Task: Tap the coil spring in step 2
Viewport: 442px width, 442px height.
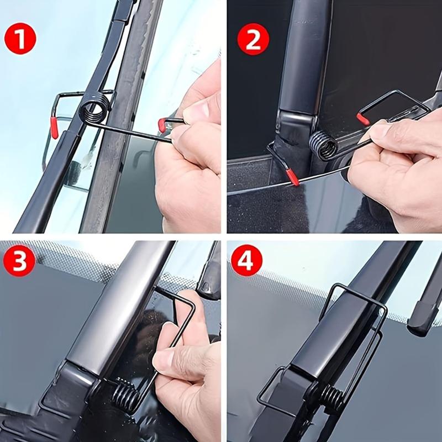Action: coord(324,146)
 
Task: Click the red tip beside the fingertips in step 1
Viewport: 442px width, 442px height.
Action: coord(162,125)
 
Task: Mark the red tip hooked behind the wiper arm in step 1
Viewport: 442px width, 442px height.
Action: coord(54,128)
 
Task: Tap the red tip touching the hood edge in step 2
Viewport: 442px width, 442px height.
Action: coord(292,177)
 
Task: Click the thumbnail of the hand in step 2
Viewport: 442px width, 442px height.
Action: coord(381,131)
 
